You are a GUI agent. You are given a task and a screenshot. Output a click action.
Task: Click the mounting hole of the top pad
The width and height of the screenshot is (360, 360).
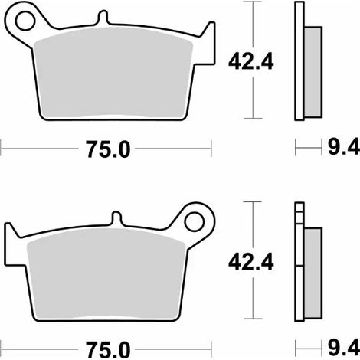coord(25,21)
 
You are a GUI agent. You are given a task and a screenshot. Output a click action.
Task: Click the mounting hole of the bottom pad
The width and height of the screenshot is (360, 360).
coord(194,222)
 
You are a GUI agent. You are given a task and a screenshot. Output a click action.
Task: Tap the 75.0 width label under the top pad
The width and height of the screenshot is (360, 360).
coord(108,149)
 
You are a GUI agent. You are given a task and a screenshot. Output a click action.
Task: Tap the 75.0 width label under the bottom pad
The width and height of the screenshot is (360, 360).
coord(108,350)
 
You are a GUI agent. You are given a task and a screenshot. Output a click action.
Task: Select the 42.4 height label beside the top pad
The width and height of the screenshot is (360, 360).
coord(250,62)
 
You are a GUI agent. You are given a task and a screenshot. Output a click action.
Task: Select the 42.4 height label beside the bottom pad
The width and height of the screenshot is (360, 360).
coord(250,262)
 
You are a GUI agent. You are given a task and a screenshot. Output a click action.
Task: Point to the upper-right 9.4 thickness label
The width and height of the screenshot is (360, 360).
coord(344,147)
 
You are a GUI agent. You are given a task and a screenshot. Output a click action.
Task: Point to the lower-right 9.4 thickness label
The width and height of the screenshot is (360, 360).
coord(344,349)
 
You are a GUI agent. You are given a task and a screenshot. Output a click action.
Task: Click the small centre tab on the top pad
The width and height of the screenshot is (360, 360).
coord(103,18)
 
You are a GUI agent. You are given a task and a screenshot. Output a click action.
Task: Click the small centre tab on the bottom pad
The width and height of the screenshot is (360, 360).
coord(116,218)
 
